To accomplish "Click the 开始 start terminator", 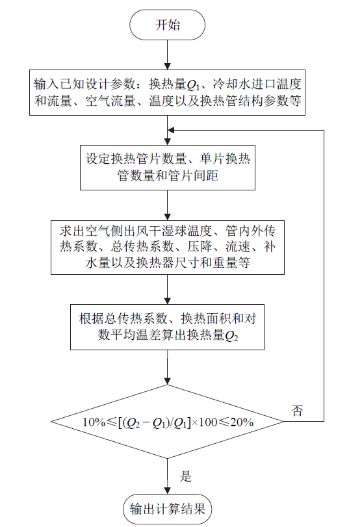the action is click(168, 25).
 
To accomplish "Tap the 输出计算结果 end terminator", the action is click(168, 509).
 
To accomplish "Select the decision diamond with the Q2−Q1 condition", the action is click(168, 422).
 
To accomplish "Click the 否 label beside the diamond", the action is click(297, 411).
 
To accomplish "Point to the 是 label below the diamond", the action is click(185, 476).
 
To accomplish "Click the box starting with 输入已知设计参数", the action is click(168, 92).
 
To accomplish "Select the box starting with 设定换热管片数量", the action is click(168, 168).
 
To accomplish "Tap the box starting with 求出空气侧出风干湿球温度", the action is click(168, 248).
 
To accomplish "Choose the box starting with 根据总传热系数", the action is click(167, 327).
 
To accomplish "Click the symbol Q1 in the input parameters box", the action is click(193, 85).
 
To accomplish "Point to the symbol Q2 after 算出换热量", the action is click(231, 336).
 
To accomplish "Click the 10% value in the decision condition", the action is click(94, 422).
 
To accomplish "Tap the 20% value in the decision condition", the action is click(242, 422).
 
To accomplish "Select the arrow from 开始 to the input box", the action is click(168, 55).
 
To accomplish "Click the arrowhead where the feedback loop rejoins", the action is click(171, 130).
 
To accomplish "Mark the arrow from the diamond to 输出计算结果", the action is click(168, 476).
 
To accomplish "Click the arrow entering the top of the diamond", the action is click(168, 367).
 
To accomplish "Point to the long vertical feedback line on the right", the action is click(324, 276).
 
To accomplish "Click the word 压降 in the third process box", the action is click(200, 247).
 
